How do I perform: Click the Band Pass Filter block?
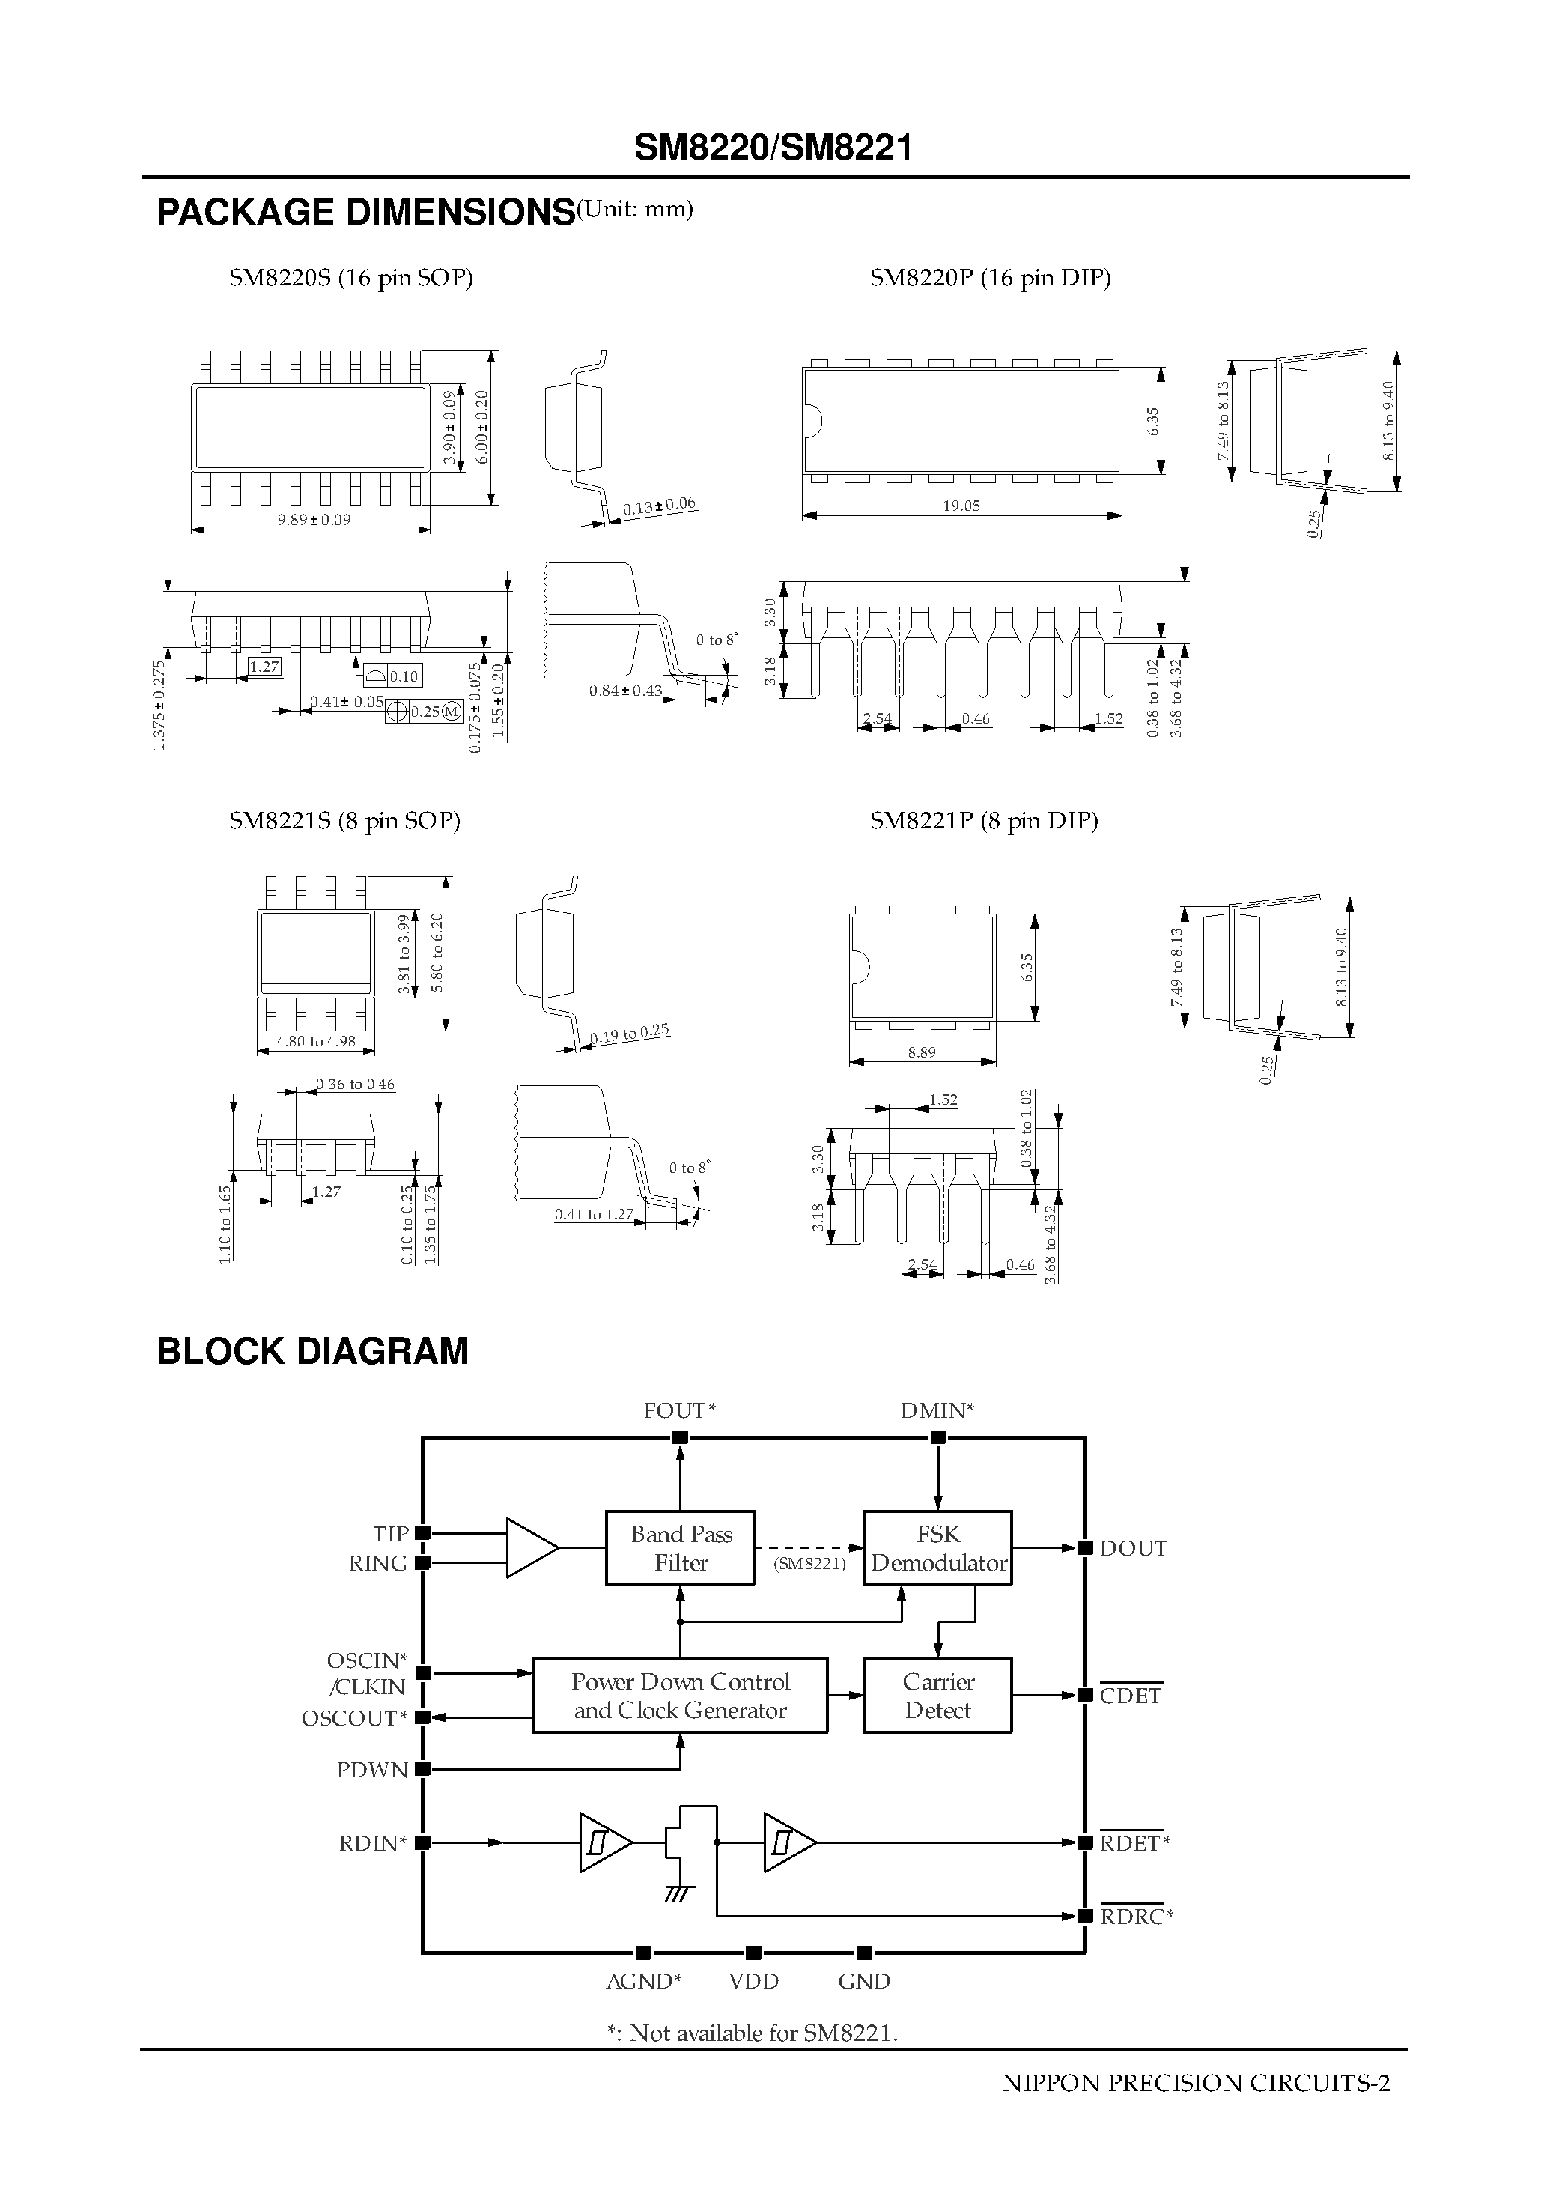680,1547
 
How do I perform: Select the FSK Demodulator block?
937,1547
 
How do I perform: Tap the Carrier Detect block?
937,1695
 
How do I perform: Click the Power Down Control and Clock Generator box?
679,1695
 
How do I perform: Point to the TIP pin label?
390,1534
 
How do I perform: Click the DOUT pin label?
1133,1548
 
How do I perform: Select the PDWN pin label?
372,1769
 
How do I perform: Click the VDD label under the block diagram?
753,1981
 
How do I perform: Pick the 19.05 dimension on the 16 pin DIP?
961,506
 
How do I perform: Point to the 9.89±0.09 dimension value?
314,520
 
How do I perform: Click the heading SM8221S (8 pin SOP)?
344,820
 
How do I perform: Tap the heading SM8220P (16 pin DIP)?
990,278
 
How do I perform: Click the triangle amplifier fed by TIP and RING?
530,1547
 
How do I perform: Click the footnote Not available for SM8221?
753,2033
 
